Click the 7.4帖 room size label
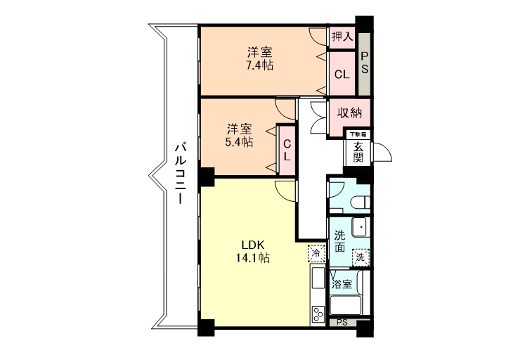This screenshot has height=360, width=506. pos(259,65)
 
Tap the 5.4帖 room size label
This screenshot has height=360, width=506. pos(239,142)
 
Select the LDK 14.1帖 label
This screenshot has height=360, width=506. pos(253,251)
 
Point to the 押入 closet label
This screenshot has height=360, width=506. pos(342,37)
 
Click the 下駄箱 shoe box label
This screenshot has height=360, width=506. pos(358,134)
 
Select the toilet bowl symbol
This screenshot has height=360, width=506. pos(360,202)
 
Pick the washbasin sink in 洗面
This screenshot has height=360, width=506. pos(360,227)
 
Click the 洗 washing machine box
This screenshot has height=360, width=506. pos(361,257)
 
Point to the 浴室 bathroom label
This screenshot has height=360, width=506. pos(342,285)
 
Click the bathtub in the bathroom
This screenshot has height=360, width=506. pos(346,305)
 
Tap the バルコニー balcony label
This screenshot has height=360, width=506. pos(180,174)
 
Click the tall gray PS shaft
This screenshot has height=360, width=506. pos(364,63)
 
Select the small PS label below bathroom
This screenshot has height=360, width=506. pos(342,322)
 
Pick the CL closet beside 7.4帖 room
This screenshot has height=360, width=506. pos(342,74)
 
